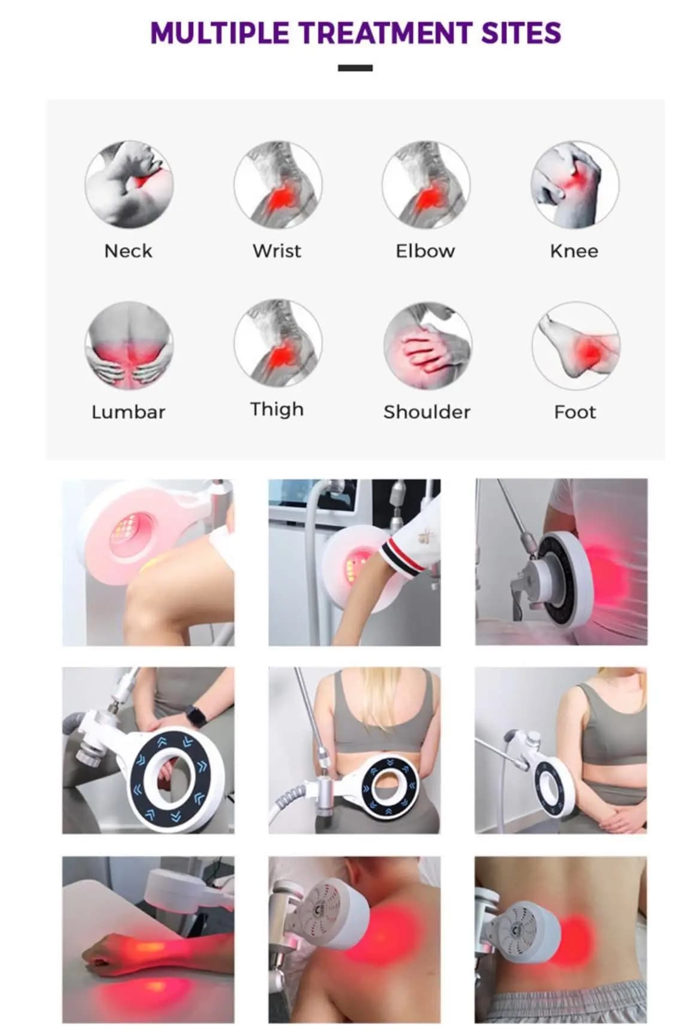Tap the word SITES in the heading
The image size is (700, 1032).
click(521, 33)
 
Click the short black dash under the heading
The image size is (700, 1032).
click(355, 68)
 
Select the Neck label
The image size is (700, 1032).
click(128, 251)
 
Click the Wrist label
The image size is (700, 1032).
click(277, 251)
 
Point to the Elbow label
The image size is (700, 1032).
click(425, 251)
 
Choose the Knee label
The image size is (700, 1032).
click(574, 251)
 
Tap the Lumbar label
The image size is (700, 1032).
click(128, 412)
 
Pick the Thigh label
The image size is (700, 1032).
click(277, 410)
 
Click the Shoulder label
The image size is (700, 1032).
click(427, 412)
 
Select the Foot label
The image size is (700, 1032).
click(575, 412)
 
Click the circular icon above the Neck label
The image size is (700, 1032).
click(129, 184)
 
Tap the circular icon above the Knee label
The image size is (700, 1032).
click(575, 184)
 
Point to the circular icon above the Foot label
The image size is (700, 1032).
click(576, 346)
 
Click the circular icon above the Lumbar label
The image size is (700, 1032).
click(129, 346)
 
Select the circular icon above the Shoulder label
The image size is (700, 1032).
click(427, 346)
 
